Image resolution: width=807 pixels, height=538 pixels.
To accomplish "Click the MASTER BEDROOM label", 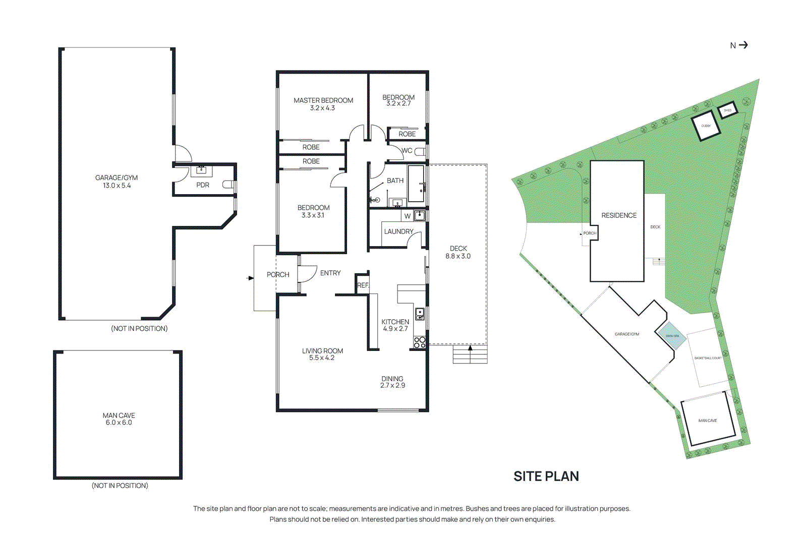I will (x=323, y=100).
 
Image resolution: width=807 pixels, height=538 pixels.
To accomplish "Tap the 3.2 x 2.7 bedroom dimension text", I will (x=398, y=104).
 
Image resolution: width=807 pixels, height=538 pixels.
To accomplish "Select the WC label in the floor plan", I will (x=407, y=151).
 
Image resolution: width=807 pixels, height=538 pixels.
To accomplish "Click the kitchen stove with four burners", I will (x=420, y=342).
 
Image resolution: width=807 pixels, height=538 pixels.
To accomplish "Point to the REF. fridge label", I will (x=363, y=285).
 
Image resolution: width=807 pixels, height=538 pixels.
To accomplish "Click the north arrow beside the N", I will (x=743, y=45).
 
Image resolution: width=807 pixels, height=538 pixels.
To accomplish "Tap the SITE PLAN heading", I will (x=546, y=476).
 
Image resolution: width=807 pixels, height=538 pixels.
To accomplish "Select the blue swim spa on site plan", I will (x=671, y=336).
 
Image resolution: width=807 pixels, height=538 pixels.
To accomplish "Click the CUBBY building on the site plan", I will (x=706, y=126).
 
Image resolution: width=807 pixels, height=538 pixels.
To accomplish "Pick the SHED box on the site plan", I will (x=727, y=110).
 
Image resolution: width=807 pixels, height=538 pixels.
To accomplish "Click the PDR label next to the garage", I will (x=203, y=185).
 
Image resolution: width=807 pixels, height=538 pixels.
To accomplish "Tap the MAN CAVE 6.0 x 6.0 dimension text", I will (x=119, y=423).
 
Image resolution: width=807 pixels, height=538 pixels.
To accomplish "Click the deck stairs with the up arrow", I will (x=470, y=354).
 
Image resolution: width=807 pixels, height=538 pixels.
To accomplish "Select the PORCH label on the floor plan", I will (x=278, y=275).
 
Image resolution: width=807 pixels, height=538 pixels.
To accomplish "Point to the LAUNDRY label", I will (x=398, y=231).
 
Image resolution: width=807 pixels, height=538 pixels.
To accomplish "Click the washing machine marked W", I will (x=408, y=216).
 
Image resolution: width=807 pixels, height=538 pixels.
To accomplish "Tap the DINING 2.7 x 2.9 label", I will (x=392, y=382).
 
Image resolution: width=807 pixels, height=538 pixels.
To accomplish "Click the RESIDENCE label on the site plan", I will (x=619, y=215).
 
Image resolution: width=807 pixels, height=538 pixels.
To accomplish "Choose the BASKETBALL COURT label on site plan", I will (x=708, y=358).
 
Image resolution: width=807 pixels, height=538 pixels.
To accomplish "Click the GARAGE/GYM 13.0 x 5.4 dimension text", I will (x=117, y=186).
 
